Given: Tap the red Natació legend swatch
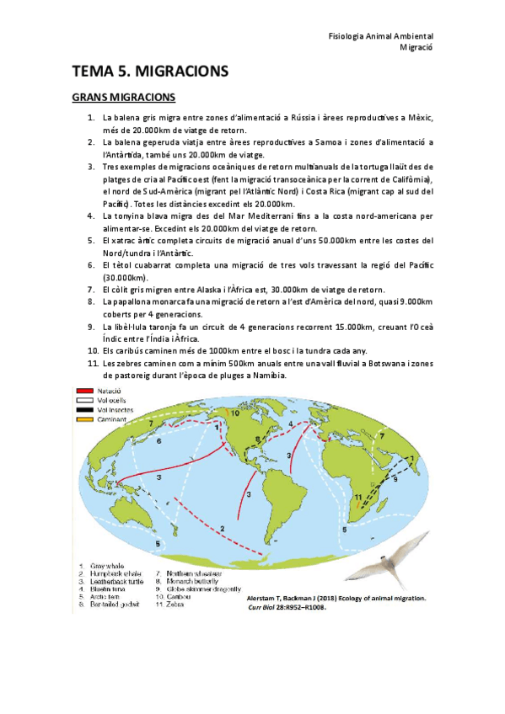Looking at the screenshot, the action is point(83,392).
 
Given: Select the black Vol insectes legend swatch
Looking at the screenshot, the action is point(83,410).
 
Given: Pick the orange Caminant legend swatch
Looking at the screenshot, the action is point(83,419).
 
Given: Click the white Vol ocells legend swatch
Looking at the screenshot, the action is point(83,401).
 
